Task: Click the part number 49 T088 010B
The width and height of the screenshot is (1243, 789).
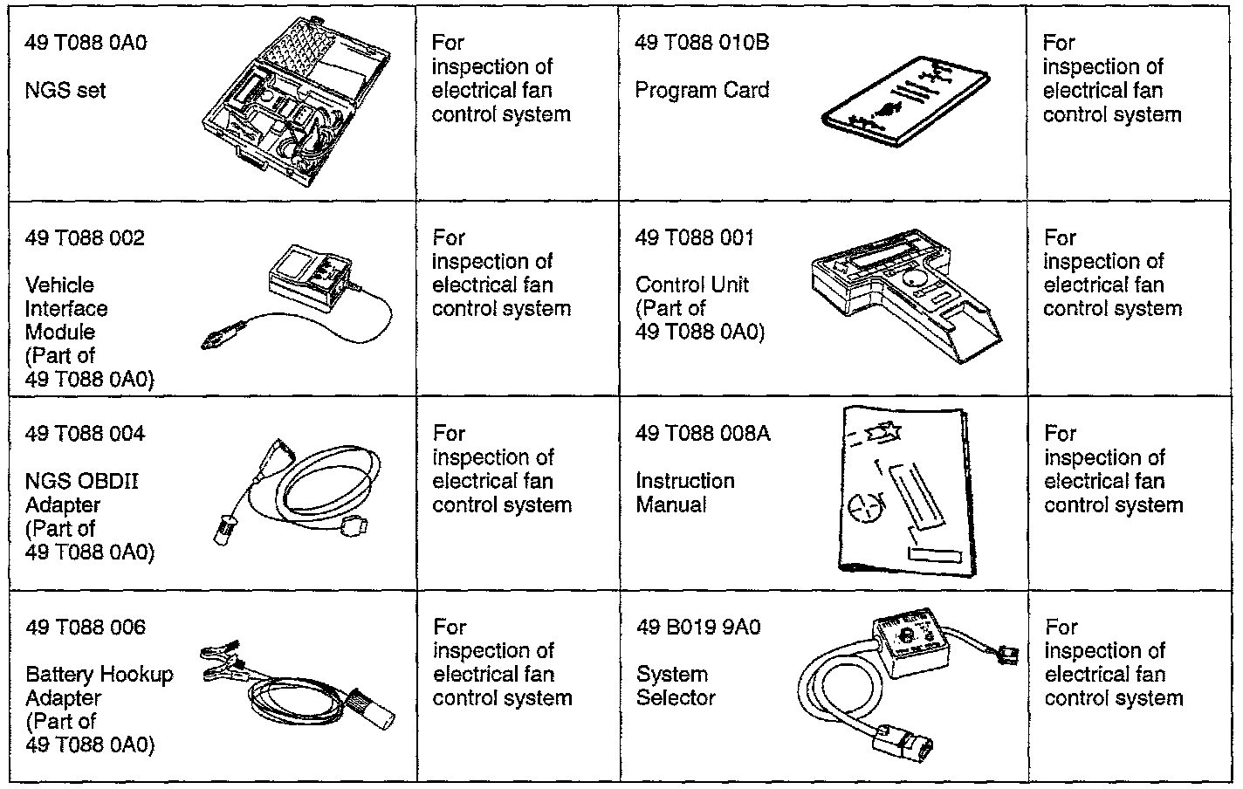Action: tap(702, 43)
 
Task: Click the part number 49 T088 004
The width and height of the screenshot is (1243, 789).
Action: tap(85, 434)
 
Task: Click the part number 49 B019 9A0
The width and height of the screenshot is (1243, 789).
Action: tap(697, 628)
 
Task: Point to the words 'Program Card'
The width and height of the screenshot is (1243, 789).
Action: tap(702, 90)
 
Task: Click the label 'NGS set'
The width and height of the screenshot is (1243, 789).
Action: tap(65, 90)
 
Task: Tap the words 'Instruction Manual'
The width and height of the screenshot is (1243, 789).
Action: tap(685, 492)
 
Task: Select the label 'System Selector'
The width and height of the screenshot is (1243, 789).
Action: tap(676, 686)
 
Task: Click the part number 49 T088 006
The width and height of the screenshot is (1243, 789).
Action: tap(85, 628)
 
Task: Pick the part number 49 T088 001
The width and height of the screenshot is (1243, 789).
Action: tap(695, 238)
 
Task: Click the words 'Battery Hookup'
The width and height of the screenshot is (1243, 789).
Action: tap(99, 675)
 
